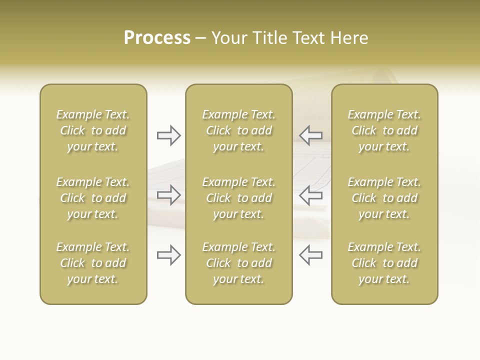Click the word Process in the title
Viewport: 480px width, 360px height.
pos(157,38)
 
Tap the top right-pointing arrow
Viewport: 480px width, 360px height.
pos(169,135)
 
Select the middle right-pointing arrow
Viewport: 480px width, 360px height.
pos(169,195)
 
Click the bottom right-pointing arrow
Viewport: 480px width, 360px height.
pos(169,255)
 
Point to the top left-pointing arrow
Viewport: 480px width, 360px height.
pos(310,135)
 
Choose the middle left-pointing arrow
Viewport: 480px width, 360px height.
pos(310,195)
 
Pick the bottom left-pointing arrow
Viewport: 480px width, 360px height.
pos(310,255)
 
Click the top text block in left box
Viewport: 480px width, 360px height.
pos(93,130)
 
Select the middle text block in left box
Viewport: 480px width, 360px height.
pos(93,198)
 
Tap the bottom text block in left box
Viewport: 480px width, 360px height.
pos(93,263)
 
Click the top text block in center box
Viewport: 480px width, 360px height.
pos(238,130)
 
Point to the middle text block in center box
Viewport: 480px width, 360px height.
pos(238,198)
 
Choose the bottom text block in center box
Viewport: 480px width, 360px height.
pos(238,263)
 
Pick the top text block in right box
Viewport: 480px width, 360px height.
pos(384,130)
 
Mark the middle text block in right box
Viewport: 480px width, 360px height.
pos(384,198)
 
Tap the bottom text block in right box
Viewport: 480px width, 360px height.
pos(384,263)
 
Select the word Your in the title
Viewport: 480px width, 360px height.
pos(228,38)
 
